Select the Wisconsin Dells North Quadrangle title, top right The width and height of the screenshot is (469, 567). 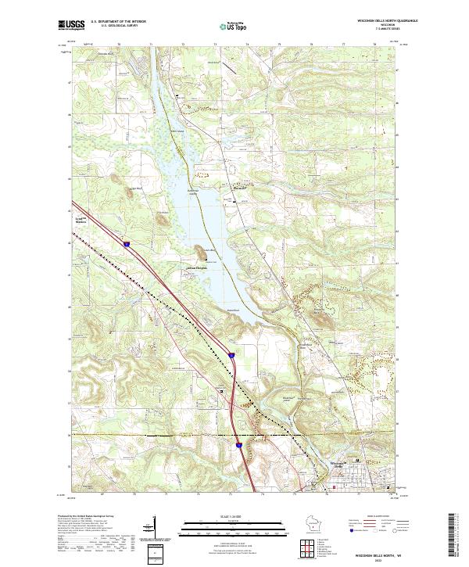point(367,21)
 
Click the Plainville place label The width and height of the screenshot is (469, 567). point(240,188)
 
